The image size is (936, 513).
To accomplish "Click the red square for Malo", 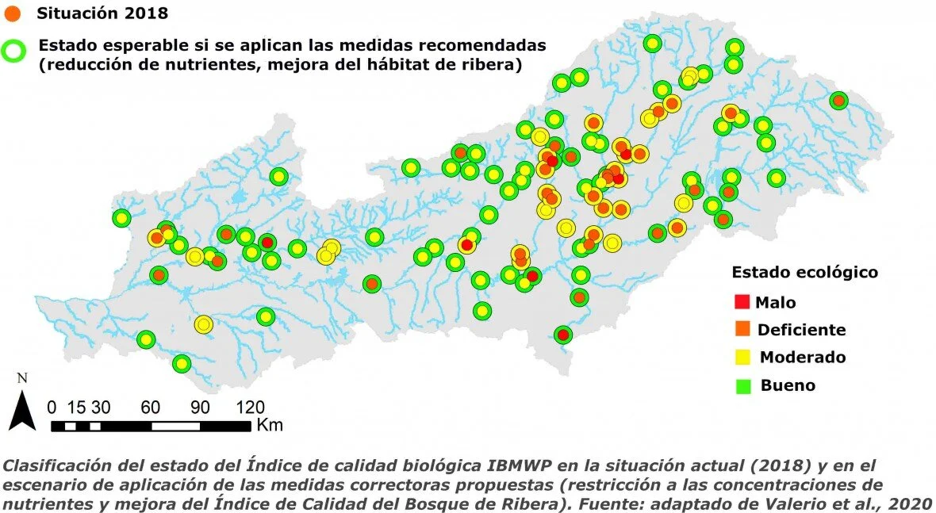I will pyautogui.click(x=742, y=301).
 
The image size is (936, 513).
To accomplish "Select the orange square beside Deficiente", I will pyautogui.click(x=742, y=329).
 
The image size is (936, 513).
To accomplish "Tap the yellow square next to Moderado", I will pyautogui.click(x=742, y=357).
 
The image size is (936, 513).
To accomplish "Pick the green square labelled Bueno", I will pyautogui.click(x=742, y=385).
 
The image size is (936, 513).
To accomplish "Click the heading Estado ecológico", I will pyautogui.click(x=804, y=272).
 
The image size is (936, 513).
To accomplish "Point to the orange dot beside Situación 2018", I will pyautogui.click(x=13, y=13).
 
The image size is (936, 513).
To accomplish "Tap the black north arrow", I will pyautogui.click(x=22, y=412).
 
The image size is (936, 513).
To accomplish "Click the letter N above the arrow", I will pyautogui.click(x=22, y=378).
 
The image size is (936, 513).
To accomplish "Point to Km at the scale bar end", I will pyautogui.click(x=270, y=426).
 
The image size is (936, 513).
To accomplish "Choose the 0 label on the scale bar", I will pyautogui.click(x=52, y=408).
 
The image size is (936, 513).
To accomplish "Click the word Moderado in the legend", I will pyautogui.click(x=803, y=357).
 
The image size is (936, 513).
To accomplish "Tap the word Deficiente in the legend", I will pyautogui.click(x=801, y=329).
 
